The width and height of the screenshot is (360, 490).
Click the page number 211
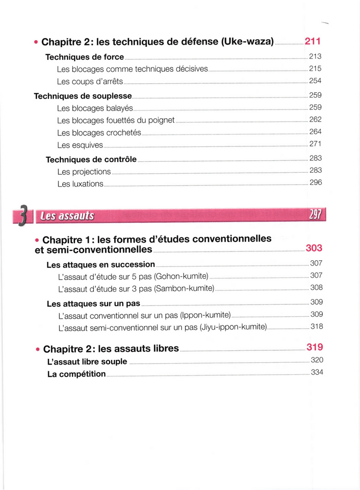312,41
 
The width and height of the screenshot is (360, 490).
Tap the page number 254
315,80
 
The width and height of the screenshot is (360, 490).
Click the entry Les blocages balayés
95,108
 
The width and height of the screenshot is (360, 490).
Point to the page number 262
315,120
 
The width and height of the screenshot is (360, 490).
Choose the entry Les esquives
80,145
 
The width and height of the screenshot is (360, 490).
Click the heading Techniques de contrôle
91,159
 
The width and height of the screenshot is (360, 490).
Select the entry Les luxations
80,184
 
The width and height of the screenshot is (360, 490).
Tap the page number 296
315,182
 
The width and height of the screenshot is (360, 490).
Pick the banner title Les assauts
67,216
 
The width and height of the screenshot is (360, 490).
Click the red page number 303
314,248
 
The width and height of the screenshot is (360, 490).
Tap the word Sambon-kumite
184,289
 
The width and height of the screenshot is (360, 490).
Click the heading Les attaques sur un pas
93,304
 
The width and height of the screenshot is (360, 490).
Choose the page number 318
316,326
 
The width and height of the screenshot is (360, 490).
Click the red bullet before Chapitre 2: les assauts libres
38,350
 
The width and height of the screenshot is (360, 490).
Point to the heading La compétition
77,374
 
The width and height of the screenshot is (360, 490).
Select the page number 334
317,372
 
